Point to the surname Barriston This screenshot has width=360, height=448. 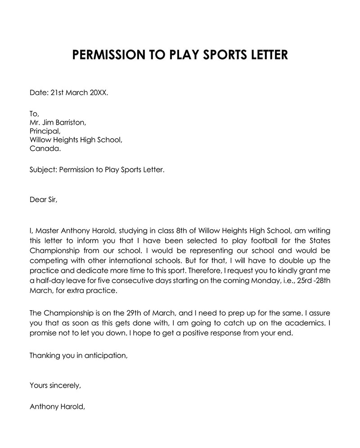point(71,122)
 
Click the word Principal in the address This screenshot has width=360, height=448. point(44,131)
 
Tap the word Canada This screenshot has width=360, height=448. point(45,149)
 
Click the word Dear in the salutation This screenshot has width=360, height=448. point(37,199)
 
